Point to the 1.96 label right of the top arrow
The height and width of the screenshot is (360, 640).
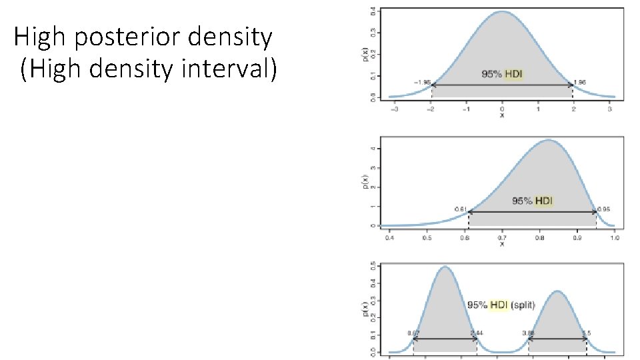click(580, 83)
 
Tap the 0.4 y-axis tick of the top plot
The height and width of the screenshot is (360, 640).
click(372, 12)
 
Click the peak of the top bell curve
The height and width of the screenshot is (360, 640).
click(503, 11)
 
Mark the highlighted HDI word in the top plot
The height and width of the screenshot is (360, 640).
click(513, 73)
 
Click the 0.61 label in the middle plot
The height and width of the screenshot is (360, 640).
click(460, 209)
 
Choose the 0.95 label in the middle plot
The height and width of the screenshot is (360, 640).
click(603, 209)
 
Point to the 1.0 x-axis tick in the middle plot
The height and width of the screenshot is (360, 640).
click(615, 237)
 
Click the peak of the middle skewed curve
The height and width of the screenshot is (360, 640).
click(548, 140)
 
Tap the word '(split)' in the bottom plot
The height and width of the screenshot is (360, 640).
click(523, 305)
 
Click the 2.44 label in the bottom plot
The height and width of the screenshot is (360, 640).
click(477, 333)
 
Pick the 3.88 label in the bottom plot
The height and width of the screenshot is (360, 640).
click(528, 333)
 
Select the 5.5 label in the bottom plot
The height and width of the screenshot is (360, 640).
click(587, 333)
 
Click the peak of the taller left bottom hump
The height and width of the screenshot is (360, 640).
click(445, 267)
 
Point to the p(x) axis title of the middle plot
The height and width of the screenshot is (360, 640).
click(375, 182)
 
